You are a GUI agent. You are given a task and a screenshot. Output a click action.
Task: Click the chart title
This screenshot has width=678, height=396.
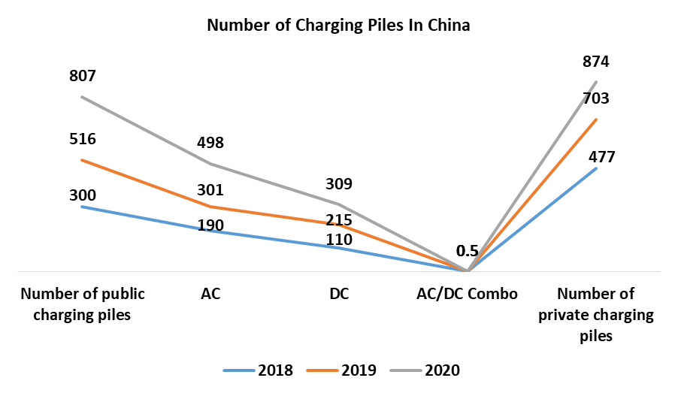point(338,26)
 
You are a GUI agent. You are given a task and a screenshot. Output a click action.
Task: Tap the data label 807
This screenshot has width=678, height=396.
point(82,76)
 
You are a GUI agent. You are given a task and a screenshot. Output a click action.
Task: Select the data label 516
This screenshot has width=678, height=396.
point(82,139)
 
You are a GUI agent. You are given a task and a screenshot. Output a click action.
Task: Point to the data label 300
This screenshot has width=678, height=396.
point(82,195)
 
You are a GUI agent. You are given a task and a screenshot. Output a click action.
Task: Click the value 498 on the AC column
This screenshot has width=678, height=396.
point(210,143)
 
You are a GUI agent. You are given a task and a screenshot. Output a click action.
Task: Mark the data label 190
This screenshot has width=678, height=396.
point(210,225)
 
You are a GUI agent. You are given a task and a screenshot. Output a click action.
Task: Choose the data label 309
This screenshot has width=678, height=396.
point(338,183)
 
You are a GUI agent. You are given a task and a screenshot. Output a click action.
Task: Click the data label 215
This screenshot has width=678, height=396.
point(338,221)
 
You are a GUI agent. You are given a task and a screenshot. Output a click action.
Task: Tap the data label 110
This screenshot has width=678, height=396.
point(338,239)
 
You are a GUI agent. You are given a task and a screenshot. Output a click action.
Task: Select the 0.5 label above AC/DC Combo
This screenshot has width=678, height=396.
point(467,250)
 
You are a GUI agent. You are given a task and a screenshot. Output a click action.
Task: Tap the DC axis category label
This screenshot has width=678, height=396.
point(339,294)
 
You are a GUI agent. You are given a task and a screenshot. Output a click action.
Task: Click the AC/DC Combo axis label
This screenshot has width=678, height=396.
point(467,294)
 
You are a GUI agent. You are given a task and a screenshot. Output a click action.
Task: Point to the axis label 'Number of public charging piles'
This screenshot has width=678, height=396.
point(83,304)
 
